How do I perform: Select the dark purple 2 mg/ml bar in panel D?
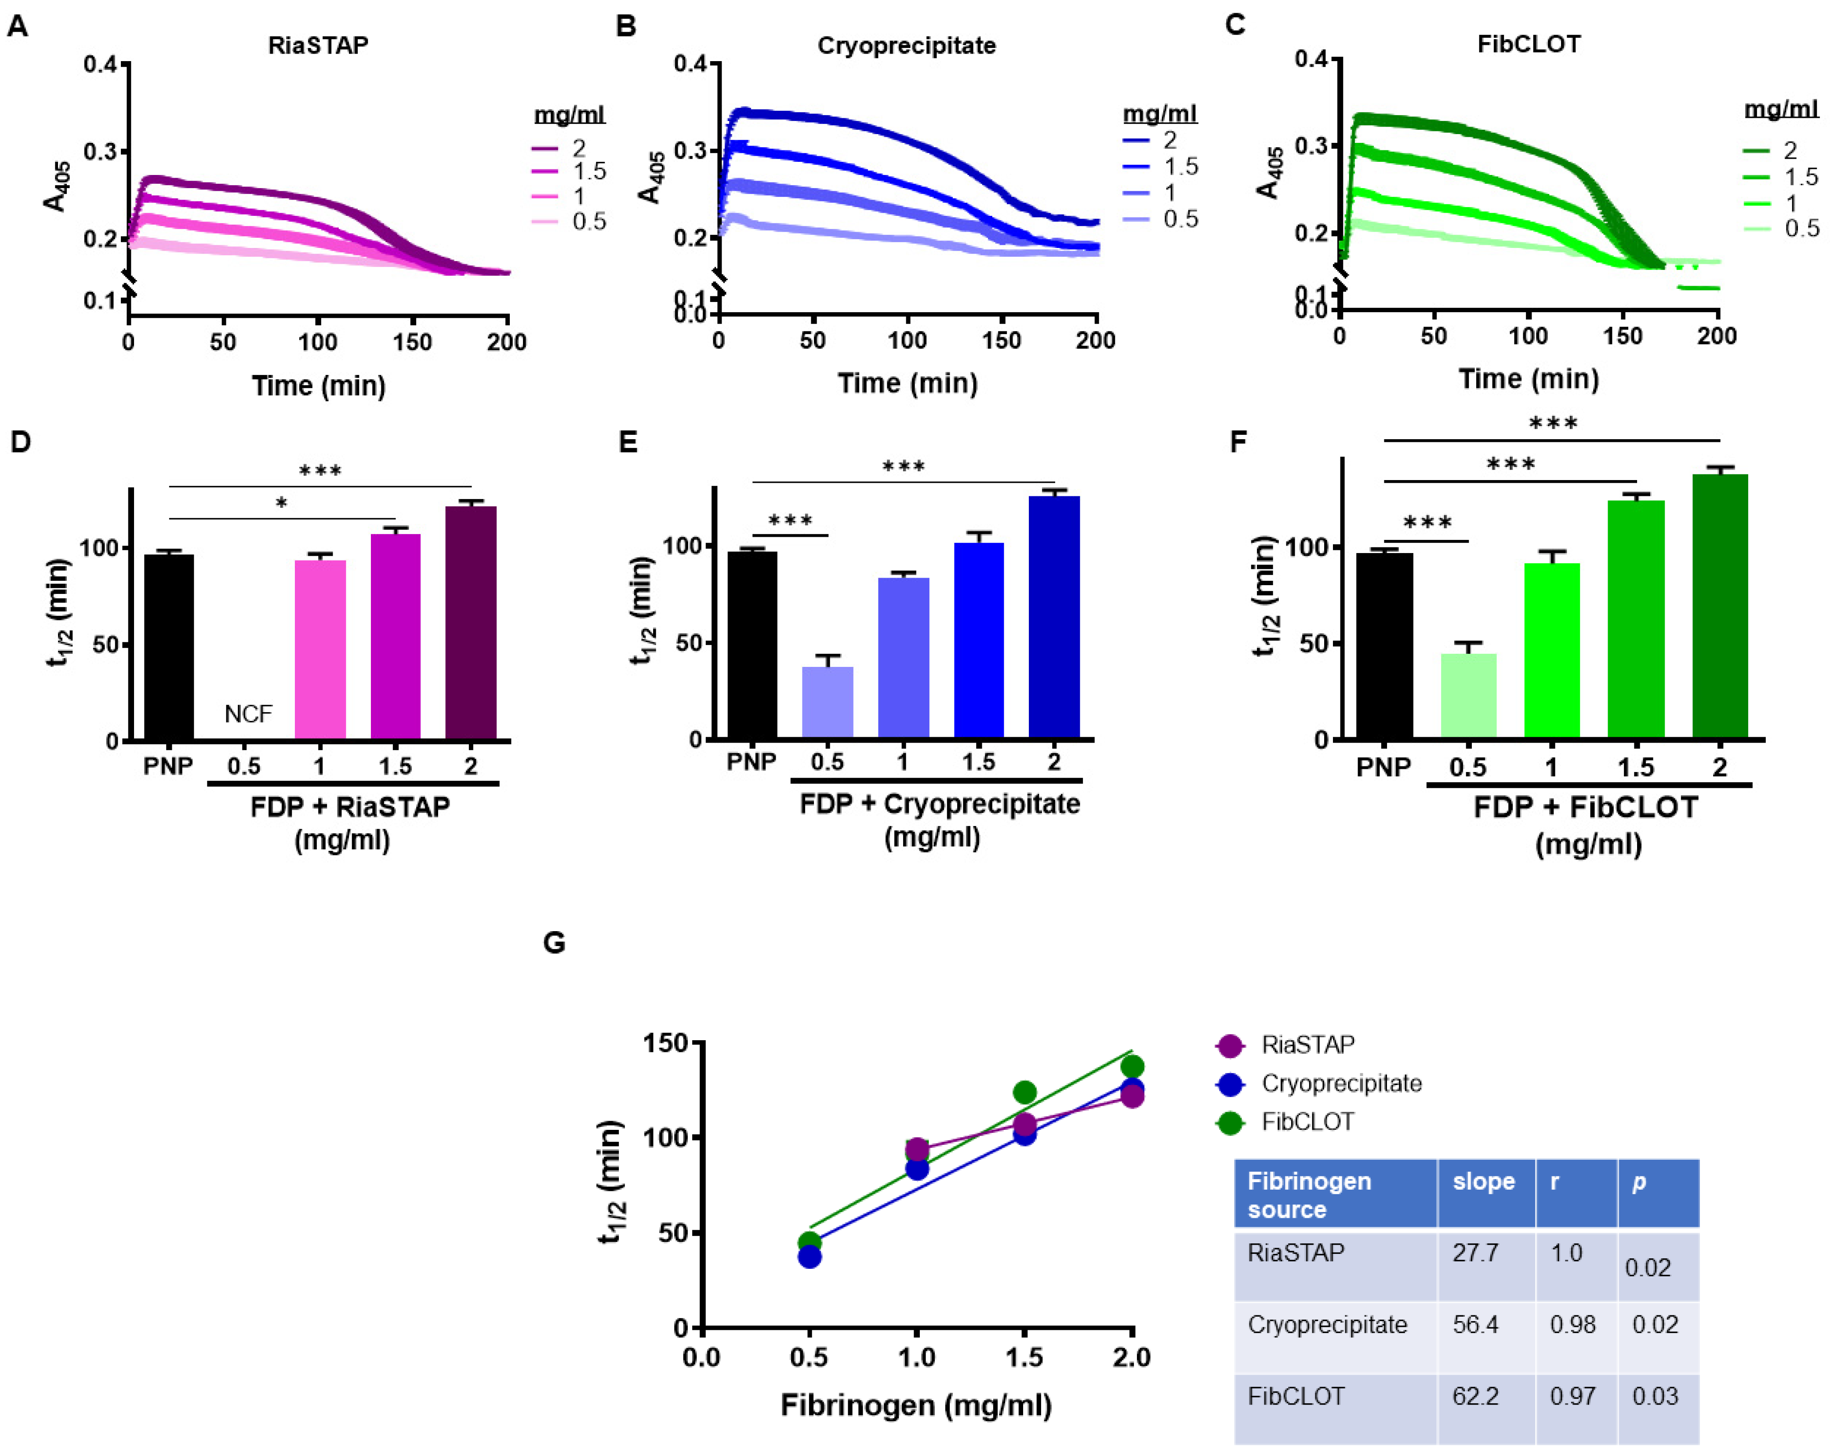pos(471,623)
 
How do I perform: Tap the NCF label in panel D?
pos(248,714)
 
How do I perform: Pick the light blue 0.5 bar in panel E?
pos(828,702)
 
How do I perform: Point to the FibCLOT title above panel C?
pos(1529,44)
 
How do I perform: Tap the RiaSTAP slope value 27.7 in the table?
pos(1475,1253)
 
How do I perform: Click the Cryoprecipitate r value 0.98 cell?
pos(1573,1325)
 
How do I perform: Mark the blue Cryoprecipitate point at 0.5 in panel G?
pos(810,1256)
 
